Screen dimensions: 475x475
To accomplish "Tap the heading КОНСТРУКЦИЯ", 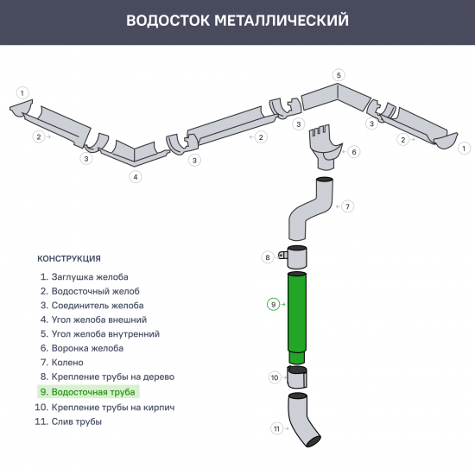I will (x=69, y=258).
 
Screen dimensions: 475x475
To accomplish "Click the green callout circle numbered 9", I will (x=273, y=304).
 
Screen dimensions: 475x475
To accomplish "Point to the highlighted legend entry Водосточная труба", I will (x=86, y=392).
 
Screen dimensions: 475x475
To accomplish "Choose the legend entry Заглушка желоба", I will (x=84, y=276).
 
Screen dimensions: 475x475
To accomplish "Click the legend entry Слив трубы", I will (x=70, y=421).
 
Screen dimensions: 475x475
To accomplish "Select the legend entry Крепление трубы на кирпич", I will (x=105, y=407).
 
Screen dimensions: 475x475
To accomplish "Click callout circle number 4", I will (x=135, y=176).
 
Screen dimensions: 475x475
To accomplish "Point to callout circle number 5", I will (x=339, y=75).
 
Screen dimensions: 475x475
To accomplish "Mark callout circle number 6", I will (x=354, y=151).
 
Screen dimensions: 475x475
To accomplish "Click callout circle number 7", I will (x=347, y=206).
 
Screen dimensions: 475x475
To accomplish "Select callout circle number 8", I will (x=269, y=256).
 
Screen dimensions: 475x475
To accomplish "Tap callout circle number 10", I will (x=275, y=377).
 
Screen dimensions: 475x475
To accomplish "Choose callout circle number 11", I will (x=277, y=428).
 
